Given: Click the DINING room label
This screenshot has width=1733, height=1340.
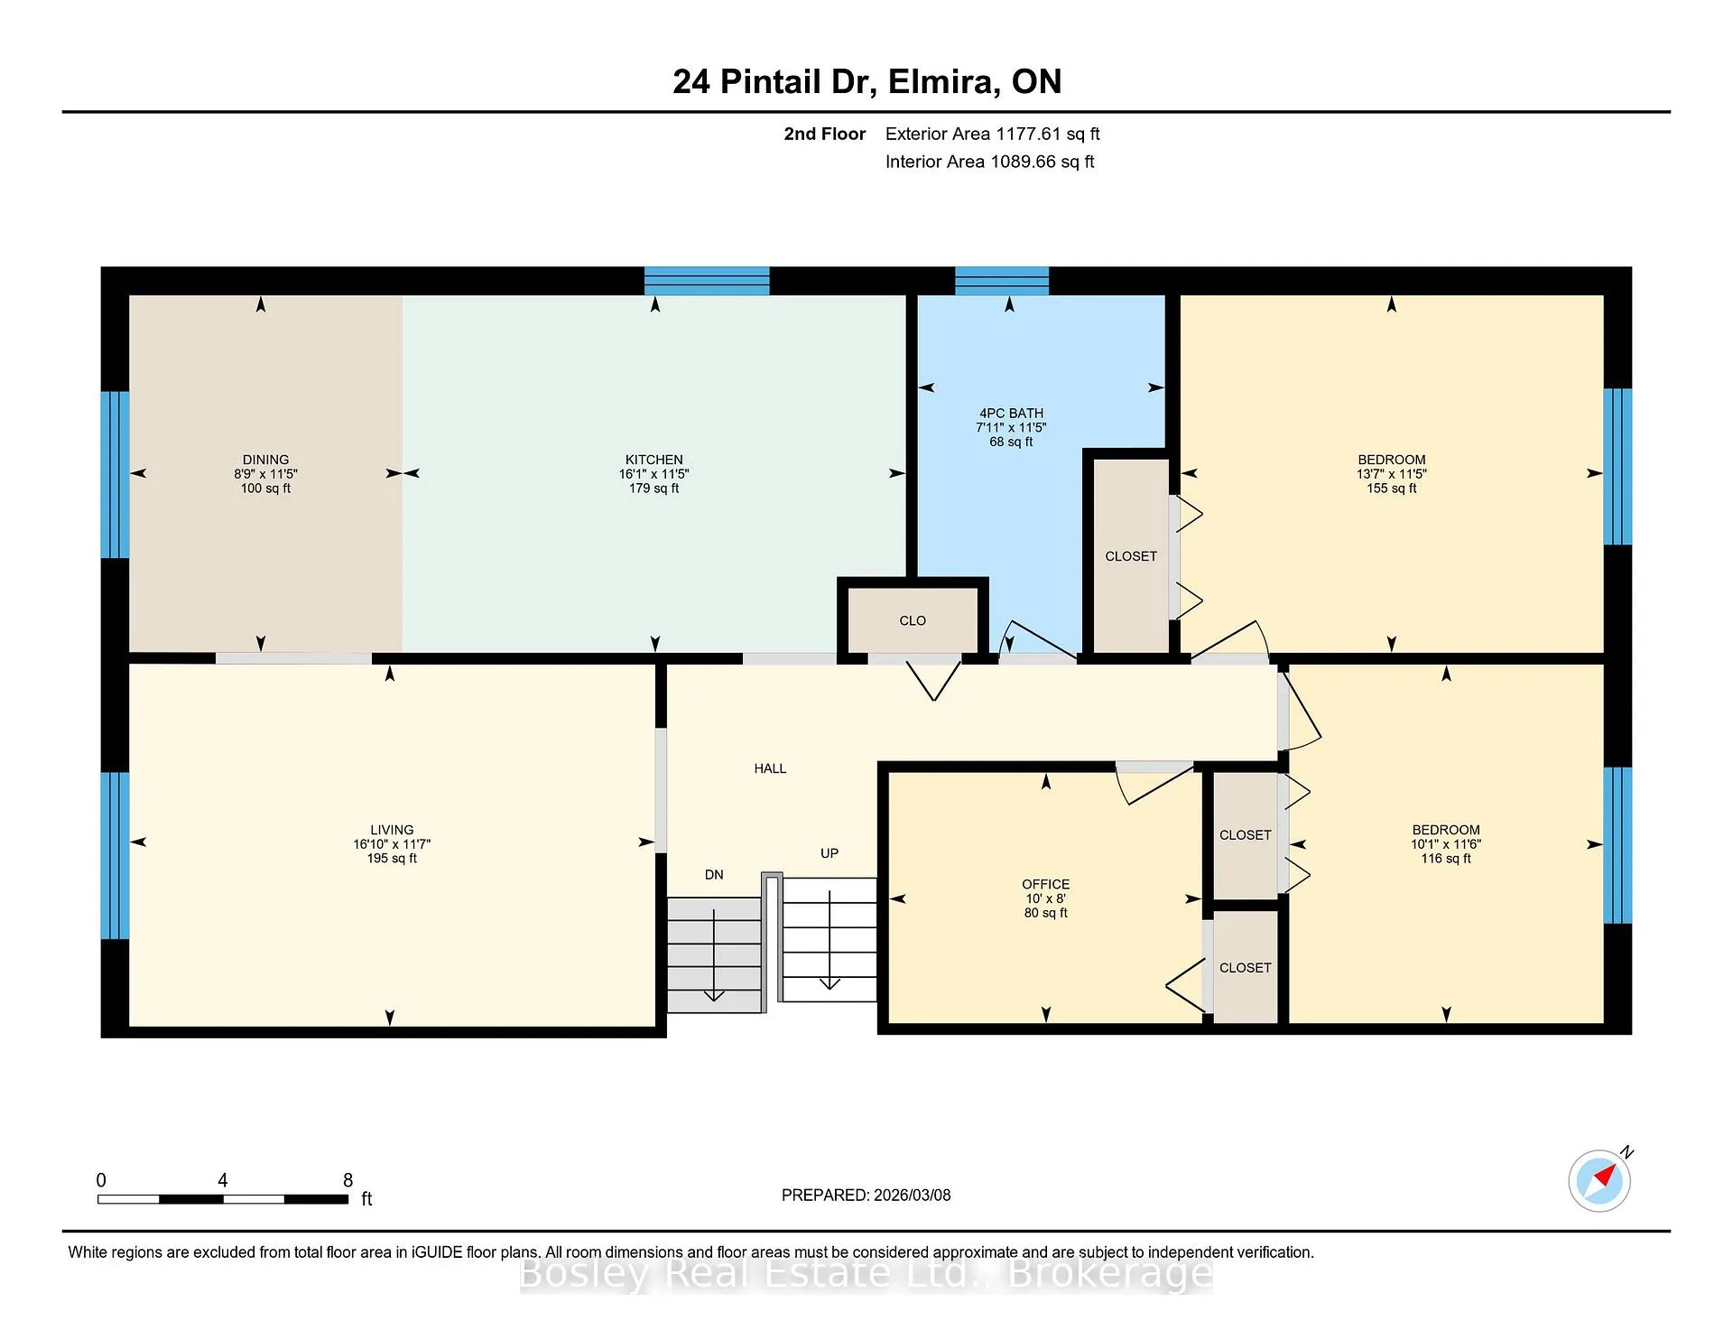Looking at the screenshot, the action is [265, 460].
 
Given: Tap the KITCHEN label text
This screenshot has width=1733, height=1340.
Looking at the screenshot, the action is [654, 460].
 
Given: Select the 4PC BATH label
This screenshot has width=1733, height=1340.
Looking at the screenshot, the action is [1011, 413].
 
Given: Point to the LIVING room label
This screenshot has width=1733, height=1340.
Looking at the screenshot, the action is [392, 830].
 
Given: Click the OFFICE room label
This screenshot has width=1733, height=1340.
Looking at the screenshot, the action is [1046, 884].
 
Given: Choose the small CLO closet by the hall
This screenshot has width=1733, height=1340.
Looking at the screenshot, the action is [913, 620].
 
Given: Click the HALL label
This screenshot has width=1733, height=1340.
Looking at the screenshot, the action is [770, 768].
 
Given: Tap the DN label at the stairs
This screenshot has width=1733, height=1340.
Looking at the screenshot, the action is [714, 874].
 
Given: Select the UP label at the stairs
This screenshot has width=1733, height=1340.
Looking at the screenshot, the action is [829, 853].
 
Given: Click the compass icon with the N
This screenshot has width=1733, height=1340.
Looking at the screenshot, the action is [1599, 1180].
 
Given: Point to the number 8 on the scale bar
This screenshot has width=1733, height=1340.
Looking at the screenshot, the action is [348, 1180].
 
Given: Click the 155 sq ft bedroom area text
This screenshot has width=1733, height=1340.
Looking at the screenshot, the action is [1392, 489].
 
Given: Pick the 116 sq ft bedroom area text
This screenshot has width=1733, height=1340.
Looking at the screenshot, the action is [1446, 859].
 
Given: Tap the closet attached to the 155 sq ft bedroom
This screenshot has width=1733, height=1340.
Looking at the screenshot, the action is [1131, 556].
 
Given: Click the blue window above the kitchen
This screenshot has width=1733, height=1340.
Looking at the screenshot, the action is [707, 281].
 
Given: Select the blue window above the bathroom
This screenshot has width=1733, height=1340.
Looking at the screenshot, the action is [1002, 281].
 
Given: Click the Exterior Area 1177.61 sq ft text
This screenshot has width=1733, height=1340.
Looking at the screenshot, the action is [992, 134].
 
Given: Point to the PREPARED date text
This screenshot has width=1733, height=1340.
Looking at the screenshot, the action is [866, 1195].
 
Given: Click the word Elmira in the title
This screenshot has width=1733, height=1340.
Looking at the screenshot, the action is [942, 81].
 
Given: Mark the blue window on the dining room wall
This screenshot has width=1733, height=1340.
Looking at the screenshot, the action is [115, 475].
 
